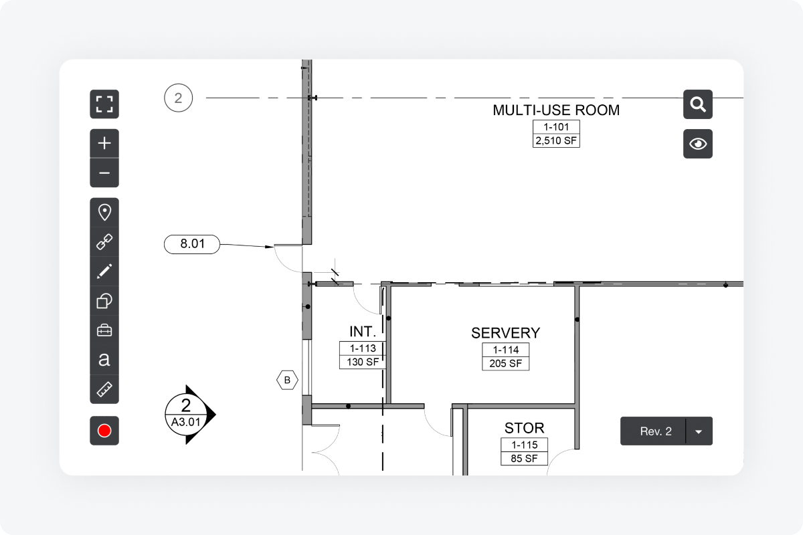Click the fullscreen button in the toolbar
coord(104,104)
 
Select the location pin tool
coord(104,213)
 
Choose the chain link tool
coord(104,242)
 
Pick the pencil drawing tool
coord(104,272)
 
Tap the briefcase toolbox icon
coord(104,330)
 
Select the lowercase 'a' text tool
coord(104,359)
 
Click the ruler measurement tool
coord(104,389)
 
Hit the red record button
coord(104,431)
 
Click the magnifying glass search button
coord(697,104)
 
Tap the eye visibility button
coord(697,144)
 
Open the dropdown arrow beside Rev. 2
coord(699,431)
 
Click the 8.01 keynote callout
coord(192,244)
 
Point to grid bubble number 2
coord(178,98)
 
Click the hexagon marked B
coord(287,381)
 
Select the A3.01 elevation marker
coord(187,415)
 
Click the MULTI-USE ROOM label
coord(556,110)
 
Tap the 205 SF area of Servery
coord(505,364)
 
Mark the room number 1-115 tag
coord(524,445)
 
